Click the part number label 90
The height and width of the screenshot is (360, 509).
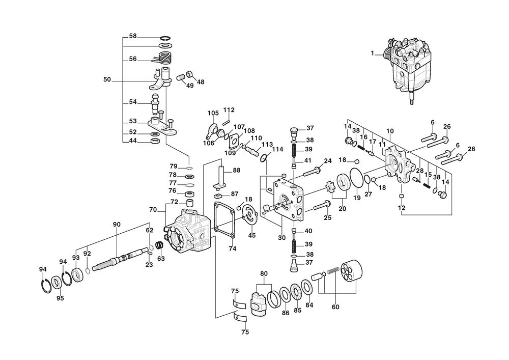(116, 225)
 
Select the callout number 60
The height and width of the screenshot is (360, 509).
(335, 307)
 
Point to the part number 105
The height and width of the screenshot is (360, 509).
(212, 113)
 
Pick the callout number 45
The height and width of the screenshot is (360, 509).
(251, 235)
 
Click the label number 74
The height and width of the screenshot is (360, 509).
(232, 248)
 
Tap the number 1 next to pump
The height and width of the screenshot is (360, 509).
(373, 53)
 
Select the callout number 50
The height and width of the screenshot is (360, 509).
(107, 80)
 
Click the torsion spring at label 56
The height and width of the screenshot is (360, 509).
(164, 59)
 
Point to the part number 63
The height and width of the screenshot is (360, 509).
(161, 258)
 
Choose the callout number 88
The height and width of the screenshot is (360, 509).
(237, 170)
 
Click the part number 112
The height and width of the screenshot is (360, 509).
(229, 110)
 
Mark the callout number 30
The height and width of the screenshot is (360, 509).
(281, 237)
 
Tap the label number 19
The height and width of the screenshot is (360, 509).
(357, 198)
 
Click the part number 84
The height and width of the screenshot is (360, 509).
(309, 306)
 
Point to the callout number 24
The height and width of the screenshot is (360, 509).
(328, 161)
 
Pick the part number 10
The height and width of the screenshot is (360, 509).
(390, 131)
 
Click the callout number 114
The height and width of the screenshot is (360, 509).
(277, 149)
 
